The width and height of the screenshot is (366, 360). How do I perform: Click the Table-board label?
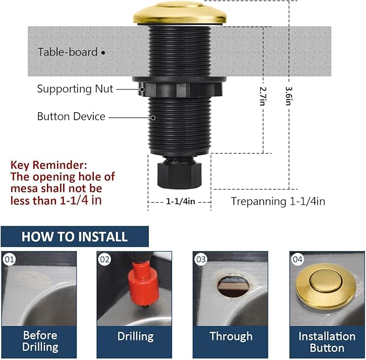(x=67, y=52)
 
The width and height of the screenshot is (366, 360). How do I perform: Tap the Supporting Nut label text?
(x=75, y=89)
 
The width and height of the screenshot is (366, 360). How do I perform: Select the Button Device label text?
(x=71, y=116)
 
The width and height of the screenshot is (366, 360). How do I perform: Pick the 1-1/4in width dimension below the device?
(x=179, y=201)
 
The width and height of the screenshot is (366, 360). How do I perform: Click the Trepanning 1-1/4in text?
(x=278, y=202)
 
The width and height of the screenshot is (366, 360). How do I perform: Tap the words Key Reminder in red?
(x=49, y=165)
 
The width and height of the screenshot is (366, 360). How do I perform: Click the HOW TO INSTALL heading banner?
(x=74, y=237)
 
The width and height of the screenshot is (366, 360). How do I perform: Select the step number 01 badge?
(x=9, y=260)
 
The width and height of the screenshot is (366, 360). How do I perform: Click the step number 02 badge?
(x=105, y=260)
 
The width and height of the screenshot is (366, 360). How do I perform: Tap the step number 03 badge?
(x=201, y=260)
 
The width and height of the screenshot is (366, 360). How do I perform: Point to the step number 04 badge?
(x=298, y=260)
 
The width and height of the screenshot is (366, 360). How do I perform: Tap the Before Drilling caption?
(x=40, y=341)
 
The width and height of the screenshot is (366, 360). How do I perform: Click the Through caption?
(x=231, y=336)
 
